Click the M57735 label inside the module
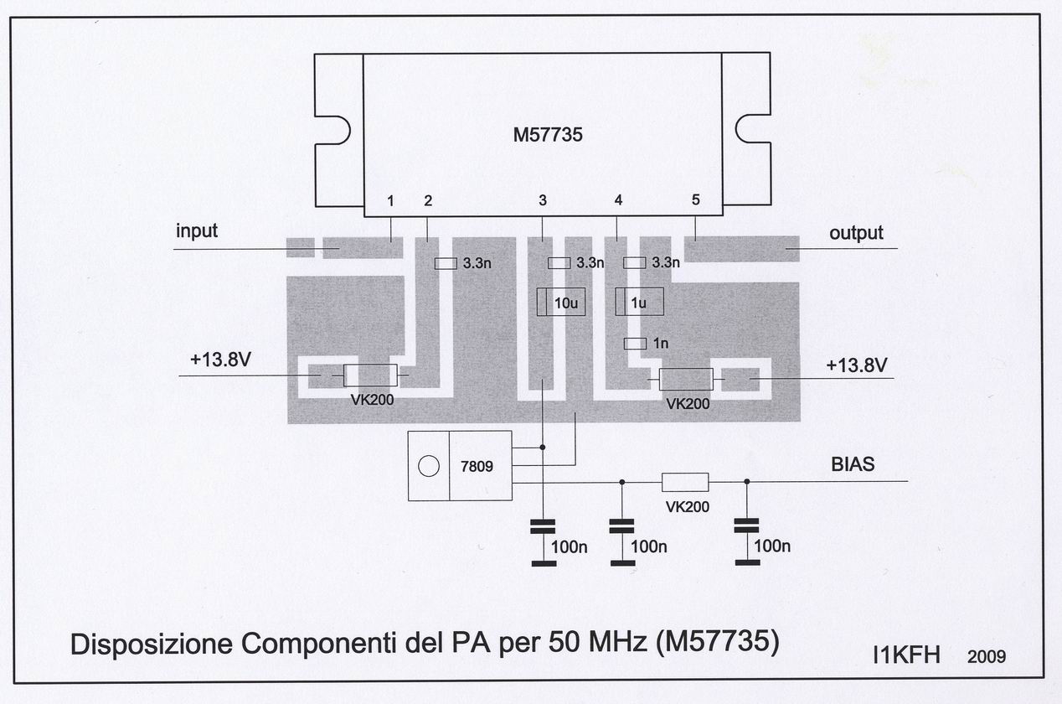coord(548,135)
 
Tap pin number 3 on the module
coord(543,200)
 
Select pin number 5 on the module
coord(695,199)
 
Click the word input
coord(196,231)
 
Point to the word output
coord(856,233)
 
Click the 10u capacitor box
coord(561,302)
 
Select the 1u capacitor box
coord(639,302)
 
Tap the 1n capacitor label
coord(661,343)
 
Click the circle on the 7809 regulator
coord(429,466)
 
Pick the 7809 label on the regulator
coord(477,466)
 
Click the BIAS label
coord(853,464)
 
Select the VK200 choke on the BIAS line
coord(685,482)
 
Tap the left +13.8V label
coord(220,360)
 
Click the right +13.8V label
coord(856,365)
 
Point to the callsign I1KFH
coord(906,655)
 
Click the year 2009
coord(986,656)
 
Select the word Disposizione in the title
coord(152,644)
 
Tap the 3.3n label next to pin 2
coord(477,263)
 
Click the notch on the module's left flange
coord(339,130)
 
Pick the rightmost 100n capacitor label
coord(772,546)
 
